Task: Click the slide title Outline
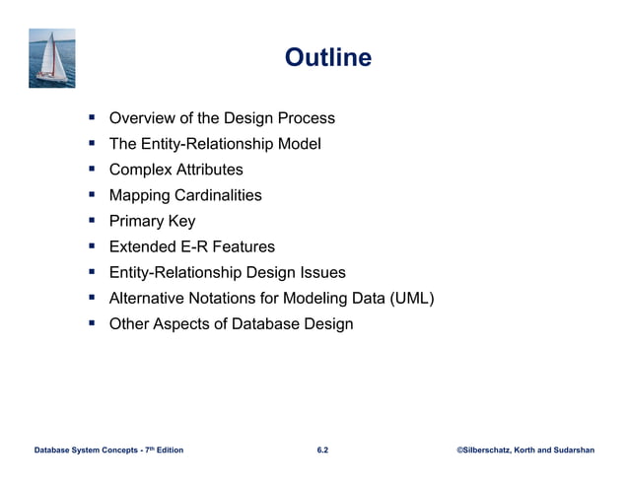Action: coord(328,58)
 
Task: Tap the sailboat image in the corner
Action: coord(52,58)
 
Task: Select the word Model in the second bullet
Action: coord(299,144)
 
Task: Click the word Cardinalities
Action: coord(216,195)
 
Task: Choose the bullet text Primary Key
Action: coord(152,221)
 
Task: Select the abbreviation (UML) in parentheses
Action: coord(413,298)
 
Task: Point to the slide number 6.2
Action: coord(322,451)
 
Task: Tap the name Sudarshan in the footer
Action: coord(590,451)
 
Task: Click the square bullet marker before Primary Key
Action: coord(92,221)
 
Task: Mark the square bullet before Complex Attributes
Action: coord(92,170)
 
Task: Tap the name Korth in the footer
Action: coord(536,451)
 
